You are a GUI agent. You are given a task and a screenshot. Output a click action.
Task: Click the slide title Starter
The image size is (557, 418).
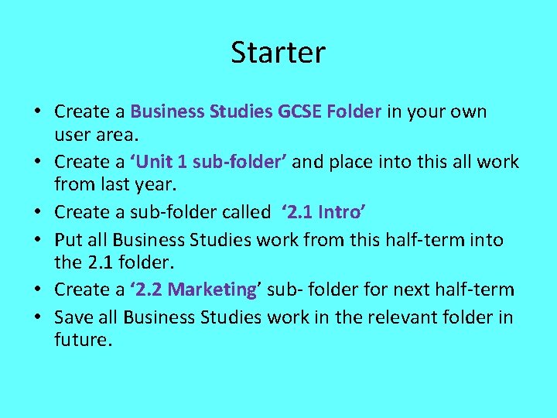coord(278,53)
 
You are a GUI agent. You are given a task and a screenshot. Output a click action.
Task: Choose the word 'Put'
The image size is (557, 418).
coord(69,240)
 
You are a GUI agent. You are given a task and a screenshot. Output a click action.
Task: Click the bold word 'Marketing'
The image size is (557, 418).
coord(212,290)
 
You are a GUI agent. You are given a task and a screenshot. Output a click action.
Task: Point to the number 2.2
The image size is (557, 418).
coord(149,290)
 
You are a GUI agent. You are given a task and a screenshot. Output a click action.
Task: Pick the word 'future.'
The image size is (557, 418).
coord(83,340)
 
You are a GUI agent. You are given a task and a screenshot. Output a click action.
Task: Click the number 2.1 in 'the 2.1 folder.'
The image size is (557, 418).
coord(98,263)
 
